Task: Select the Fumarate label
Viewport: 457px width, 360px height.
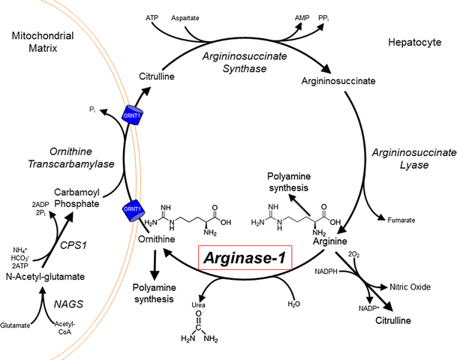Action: point(401,220)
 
